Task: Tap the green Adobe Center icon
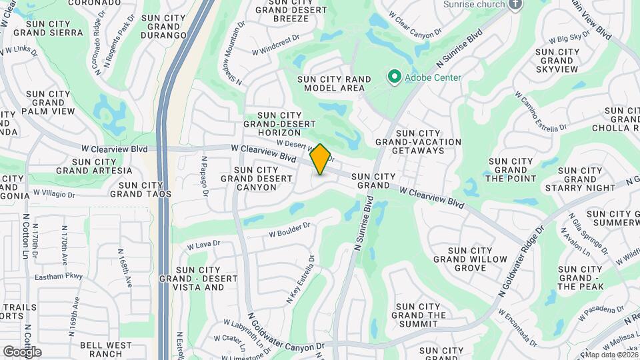pyautogui.click(x=394, y=77)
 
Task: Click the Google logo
pyautogui.click(x=22, y=351)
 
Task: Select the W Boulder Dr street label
pyautogui.click(x=289, y=230)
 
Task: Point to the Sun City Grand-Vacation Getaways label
pyautogui.click(x=418, y=146)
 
